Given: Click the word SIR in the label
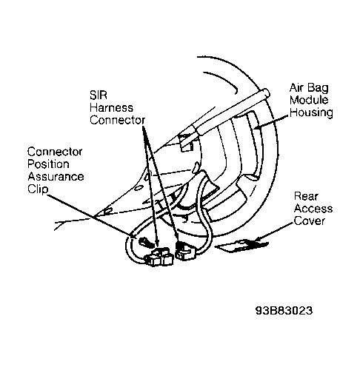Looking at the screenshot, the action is (99, 95).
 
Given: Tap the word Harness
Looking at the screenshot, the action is (111, 108).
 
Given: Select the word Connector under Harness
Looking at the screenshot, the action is (117, 120).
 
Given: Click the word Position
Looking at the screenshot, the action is (48, 164).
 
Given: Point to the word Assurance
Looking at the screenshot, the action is (56, 177).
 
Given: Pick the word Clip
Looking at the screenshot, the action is (38, 189).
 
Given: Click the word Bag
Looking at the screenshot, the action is (319, 88).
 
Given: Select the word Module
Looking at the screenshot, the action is (309, 100).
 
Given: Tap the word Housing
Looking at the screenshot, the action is (311, 112).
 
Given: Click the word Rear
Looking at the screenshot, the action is (306, 196).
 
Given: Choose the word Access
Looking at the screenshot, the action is (313, 209).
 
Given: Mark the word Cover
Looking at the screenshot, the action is (310, 221).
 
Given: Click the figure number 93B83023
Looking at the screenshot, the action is (284, 311).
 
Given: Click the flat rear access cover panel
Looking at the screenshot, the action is (241, 246).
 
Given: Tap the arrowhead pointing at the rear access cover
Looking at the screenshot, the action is (259, 239).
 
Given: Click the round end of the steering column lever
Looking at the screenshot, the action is (266, 92).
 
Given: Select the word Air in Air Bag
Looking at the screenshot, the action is (298, 87).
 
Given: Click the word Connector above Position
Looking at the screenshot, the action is (55, 152).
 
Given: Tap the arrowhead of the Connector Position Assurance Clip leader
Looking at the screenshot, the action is (132, 236).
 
